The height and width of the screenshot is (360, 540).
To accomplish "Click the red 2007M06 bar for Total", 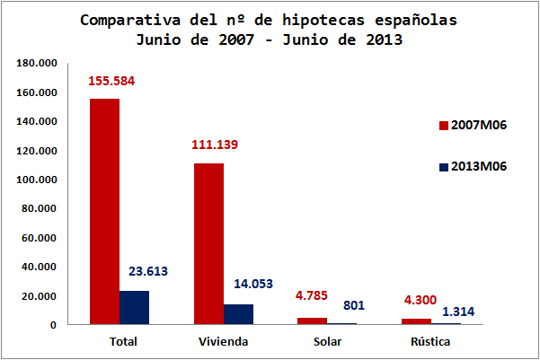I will coord(104,211).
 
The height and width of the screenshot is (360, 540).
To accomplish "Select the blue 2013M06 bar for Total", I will coord(134,307).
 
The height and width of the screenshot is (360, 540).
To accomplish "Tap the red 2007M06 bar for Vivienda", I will coord(208,243).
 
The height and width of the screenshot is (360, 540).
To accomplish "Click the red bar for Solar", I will coord(313,320).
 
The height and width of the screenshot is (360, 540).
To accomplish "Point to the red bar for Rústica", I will coord(417,321).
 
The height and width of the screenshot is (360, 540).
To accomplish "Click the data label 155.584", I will coord(111,82).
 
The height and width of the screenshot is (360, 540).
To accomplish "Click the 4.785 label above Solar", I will coord(314,295).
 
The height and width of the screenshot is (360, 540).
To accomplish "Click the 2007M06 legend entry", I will coord(473,125).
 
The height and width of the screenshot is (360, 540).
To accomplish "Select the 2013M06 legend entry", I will coord(473,167).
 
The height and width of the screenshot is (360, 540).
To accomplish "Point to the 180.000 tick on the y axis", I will coord(38,64).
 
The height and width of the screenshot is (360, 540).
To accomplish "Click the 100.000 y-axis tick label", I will coord(38,180).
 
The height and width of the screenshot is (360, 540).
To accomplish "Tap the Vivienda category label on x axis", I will coord(223,342).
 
